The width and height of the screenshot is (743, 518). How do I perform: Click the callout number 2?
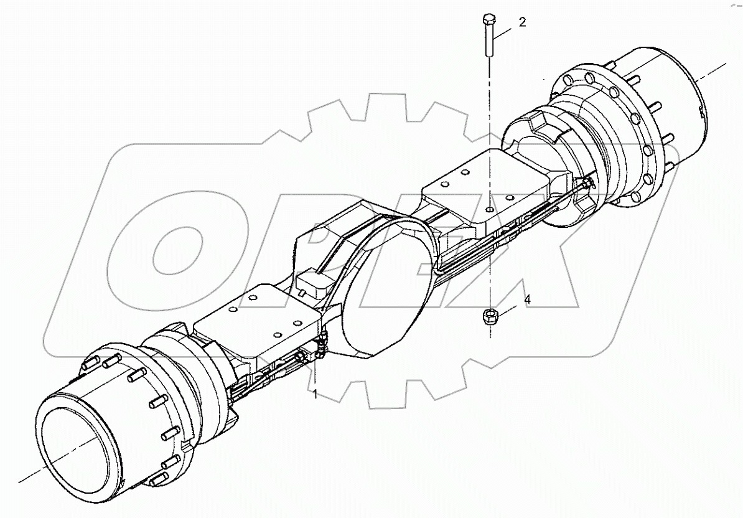pyautogui.click(x=522, y=22)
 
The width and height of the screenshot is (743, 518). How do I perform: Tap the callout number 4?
pyautogui.click(x=527, y=299)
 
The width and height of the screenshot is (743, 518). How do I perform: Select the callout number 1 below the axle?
pyautogui.click(x=315, y=393)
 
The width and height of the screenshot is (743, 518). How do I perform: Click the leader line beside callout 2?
pyautogui.click(x=505, y=29)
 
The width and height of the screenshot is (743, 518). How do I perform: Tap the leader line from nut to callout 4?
pyautogui.click(x=510, y=308)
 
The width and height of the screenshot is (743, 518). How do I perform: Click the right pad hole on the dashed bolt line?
pyautogui.click(x=490, y=210)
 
